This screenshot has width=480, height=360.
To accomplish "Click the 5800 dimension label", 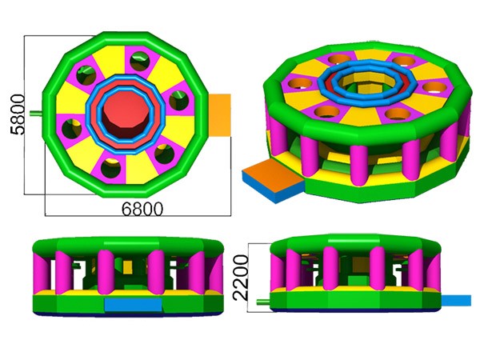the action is point(18,114).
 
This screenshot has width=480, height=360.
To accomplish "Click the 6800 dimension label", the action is point(142,210).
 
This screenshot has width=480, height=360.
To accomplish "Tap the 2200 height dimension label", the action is point(240,278).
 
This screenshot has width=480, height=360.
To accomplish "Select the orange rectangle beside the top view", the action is point(219,115).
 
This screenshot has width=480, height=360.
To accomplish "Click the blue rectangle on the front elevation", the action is point(133,304).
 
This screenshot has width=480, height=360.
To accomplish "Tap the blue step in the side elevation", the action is point(456,300).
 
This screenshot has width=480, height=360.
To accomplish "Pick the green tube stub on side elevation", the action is point(263,302).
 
